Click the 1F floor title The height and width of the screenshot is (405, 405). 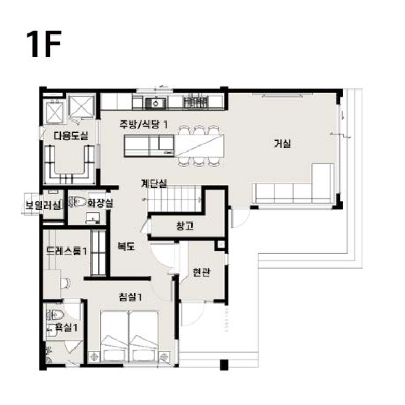point(44,44)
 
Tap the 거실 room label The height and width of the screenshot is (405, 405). point(283,143)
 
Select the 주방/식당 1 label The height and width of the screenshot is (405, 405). point(144,124)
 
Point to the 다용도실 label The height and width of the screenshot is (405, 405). point(71,135)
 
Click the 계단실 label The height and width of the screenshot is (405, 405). point(154,184)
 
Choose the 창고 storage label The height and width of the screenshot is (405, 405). point(185,226)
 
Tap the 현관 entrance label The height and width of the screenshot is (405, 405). point(201,272)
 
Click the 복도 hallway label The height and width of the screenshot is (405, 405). point(126,246)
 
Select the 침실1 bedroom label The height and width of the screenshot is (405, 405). point(130,297)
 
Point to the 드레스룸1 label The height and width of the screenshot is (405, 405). point(66,251)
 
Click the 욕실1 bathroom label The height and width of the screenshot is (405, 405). point(66,328)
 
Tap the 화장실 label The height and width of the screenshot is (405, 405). point(100,203)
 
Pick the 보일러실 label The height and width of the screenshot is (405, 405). point(42,206)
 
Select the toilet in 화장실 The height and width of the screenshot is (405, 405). point(78,202)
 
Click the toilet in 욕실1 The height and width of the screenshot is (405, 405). point(55,315)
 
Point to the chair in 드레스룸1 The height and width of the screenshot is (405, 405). point(66,283)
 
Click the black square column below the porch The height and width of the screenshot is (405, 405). point(224,365)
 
